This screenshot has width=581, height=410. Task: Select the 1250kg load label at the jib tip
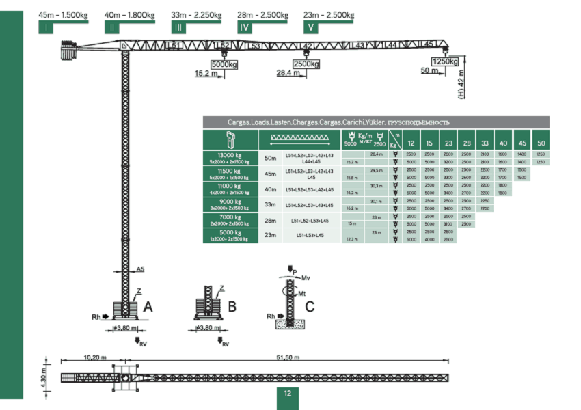(x=445, y=61)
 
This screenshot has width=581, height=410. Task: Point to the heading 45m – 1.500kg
(x=63, y=14)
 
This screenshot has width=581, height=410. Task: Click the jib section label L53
(x=254, y=46)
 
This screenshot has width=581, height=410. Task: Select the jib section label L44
(x=390, y=45)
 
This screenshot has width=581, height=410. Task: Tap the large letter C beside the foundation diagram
(x=310, y=307)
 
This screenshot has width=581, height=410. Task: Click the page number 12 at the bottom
(x=288, y=393)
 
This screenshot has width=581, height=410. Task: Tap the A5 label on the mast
(x=140, y=269)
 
